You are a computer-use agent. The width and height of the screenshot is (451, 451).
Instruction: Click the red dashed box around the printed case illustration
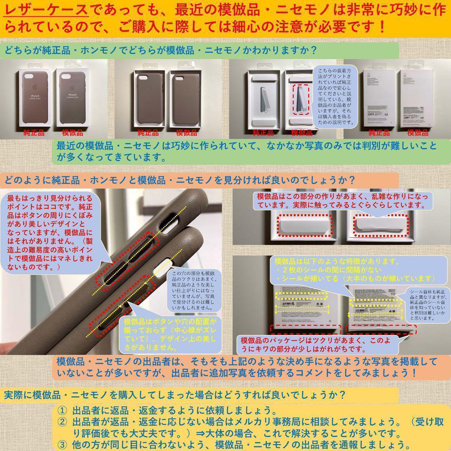(302, 99)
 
